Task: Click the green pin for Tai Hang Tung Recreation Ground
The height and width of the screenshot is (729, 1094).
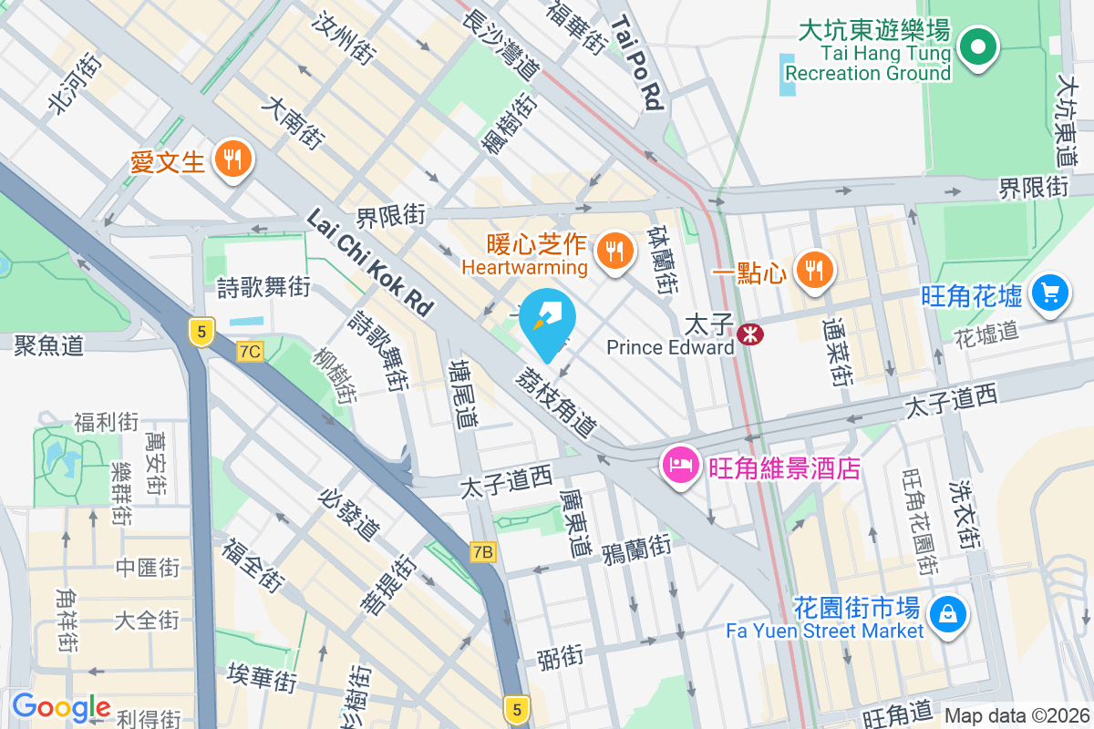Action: [x=978, y=46]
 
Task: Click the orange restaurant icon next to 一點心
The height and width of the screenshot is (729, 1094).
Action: [x=812, y=270]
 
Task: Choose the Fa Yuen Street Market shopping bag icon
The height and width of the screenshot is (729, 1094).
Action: [x=947, y=611]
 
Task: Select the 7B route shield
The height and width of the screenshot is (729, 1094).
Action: [x=483, y=551]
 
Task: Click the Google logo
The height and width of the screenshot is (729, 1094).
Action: [x=61, y=707]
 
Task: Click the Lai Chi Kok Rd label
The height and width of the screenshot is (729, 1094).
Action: [x=369, y=262]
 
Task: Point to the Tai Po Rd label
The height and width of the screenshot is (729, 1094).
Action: [x=637, y=63]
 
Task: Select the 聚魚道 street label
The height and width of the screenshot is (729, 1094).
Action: [x=49, y=344]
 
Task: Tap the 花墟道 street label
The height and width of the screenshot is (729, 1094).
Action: [x=986, y=332]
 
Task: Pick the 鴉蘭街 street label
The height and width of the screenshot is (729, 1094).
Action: [x=636, y=549]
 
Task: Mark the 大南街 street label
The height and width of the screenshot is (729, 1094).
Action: [x=293, y=125]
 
